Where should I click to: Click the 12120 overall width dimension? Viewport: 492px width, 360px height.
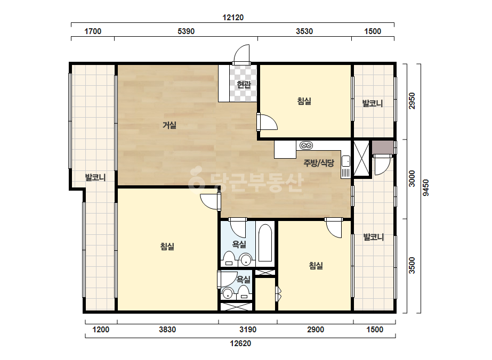[x=233, y=18]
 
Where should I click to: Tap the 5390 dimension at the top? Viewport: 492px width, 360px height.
[x=186, y=31]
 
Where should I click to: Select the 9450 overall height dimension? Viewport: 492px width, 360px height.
[x=425, y=188]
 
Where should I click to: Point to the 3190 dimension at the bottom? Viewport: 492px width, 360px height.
[x=248, y=330]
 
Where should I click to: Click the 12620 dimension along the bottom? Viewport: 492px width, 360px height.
[x=240, y=343]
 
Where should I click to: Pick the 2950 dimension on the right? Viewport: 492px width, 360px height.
[x=412, y=101]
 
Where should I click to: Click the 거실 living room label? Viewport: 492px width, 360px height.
[x=170, y=126]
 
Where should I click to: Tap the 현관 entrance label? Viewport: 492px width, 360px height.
[x=244, y=85]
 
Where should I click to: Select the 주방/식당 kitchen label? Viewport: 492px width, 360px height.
[x=318, y=163]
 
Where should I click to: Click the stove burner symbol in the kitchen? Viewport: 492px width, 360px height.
[x=307, y=145]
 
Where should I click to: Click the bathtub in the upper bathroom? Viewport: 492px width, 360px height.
[x=265, y=242]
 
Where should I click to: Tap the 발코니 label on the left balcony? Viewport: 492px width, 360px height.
[x=95, y=177]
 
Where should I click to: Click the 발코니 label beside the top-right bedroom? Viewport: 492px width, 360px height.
[x=373, y=103]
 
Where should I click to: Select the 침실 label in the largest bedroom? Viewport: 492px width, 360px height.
[x=167, y=247]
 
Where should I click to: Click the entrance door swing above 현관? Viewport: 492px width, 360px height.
[x=241, y=54]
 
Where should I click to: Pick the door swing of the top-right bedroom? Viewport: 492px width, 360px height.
[x=268, y=122]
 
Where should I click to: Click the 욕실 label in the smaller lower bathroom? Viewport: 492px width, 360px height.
[x=244, y=279]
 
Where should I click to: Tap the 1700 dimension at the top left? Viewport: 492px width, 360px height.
[x=93, y=31]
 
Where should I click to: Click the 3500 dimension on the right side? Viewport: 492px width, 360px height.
[x=412, y=265]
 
